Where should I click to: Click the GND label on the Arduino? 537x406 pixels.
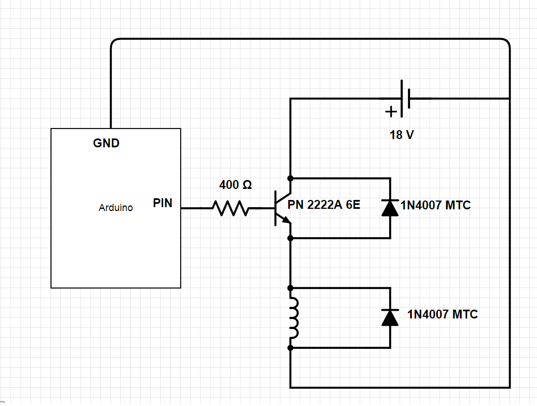tap(106, 143)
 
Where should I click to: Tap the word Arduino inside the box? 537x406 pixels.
tap(115, 208)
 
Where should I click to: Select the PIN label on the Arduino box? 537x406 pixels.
tap(162, 203)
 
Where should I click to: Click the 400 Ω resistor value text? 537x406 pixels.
tap(236, 185)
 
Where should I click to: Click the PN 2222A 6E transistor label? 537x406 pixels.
tap(324, 205)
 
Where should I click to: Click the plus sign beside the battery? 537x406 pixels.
tap(391, 112)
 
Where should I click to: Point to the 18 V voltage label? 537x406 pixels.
tap(401, 135)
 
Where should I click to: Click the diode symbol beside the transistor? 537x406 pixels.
tap(390, 208)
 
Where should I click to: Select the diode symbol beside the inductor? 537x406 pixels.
tap(390, 317)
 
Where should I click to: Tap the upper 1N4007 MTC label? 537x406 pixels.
tap(435, 205)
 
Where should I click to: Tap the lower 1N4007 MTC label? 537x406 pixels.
tap(442, 315)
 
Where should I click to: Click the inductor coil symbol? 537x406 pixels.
tap(293, 318)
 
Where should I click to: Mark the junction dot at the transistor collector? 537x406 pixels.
tap(290, 178)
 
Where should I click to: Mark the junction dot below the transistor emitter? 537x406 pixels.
tap(290, 238)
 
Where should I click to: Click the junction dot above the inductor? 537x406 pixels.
tap(290, 288)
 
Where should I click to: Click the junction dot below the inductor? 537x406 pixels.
tap(290, 348)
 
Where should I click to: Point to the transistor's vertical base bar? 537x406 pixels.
tap(275, 208)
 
